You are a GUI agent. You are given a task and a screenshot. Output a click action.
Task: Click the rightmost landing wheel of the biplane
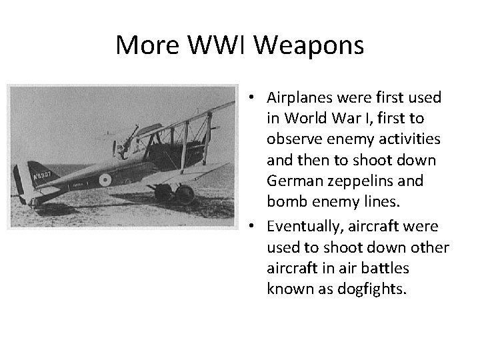pyautogui.click(x=185, y=195)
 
